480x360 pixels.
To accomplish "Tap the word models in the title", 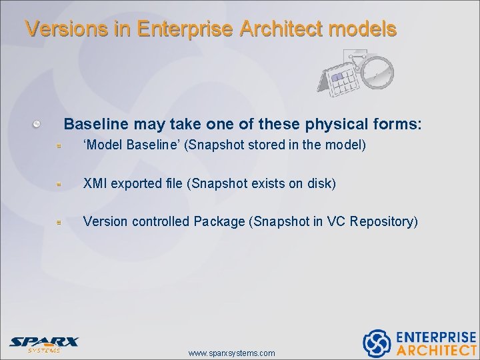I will [365, 29].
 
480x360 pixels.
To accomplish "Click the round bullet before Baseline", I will [39, 124].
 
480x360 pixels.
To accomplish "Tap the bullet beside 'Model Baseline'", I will [59, 145].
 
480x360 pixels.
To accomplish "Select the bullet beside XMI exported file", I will [59, 184].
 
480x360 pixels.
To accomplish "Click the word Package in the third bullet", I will [219, 221].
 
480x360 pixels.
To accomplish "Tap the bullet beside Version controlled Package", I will [59, 222].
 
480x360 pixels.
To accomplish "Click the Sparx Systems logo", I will [43, 344].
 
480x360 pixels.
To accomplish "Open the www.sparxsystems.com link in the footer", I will [231, 353].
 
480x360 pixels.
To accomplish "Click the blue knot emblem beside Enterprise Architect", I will [377, 343].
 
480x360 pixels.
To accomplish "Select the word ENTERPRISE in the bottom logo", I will [437, 337].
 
